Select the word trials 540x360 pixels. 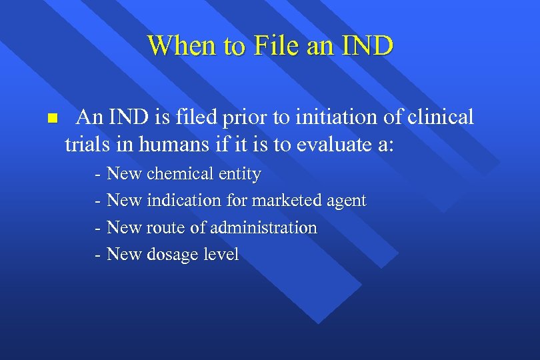(x=86, y=144)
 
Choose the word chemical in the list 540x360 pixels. (x=181, y=174)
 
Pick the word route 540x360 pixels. (x=165, y=227)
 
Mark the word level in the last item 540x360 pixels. (x=221, y=254)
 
